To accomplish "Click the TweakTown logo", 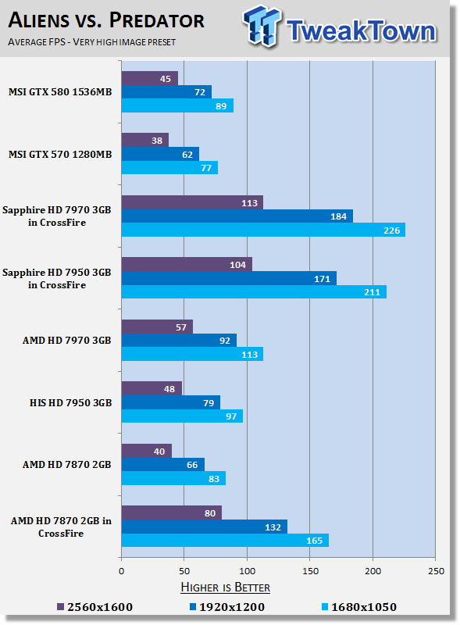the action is click(x=340, y=27).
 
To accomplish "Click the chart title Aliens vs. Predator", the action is click(x=106, y=20).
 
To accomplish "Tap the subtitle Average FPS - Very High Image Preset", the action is click(x=91, y=42).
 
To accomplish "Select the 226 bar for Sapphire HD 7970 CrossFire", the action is click(x=263, y=230).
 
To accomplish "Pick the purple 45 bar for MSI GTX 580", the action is click(x=150, y=79).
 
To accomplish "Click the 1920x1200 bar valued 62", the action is click(x=160, y=154).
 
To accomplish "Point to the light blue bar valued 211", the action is click(x=254, y=291).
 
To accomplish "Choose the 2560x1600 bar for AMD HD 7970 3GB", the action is click(x=157, y=327).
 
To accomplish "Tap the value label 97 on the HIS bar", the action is click(x=231, y=416).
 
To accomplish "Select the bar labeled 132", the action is click(x=205, y=527).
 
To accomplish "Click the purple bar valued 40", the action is click(x=147, y=452).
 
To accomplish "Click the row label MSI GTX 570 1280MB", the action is click(x=60, y=154).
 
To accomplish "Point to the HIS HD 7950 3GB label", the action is click(x=70, y=402).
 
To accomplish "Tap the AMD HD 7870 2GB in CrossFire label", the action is click(x=61, y=527).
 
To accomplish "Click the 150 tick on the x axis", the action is click(x=310, y=571).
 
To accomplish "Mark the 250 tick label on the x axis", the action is click(x=436, y=571).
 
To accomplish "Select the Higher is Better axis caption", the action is click(x=225, y=587).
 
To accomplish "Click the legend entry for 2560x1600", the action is click(x=94, y=607).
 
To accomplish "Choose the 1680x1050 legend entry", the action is click(x=359, y=607).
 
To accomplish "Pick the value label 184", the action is click(x=338, y=216).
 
